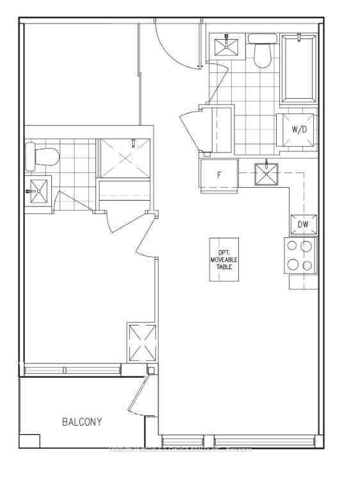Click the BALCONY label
(x=81, y=422)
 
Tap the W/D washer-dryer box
(x=299, y=129)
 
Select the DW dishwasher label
(x=304, y=224)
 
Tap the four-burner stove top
(x=300, y=255)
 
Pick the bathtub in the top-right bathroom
(x=299, y=69)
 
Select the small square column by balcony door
(x=151, y=370)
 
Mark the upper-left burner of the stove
(x=292, y=246)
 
